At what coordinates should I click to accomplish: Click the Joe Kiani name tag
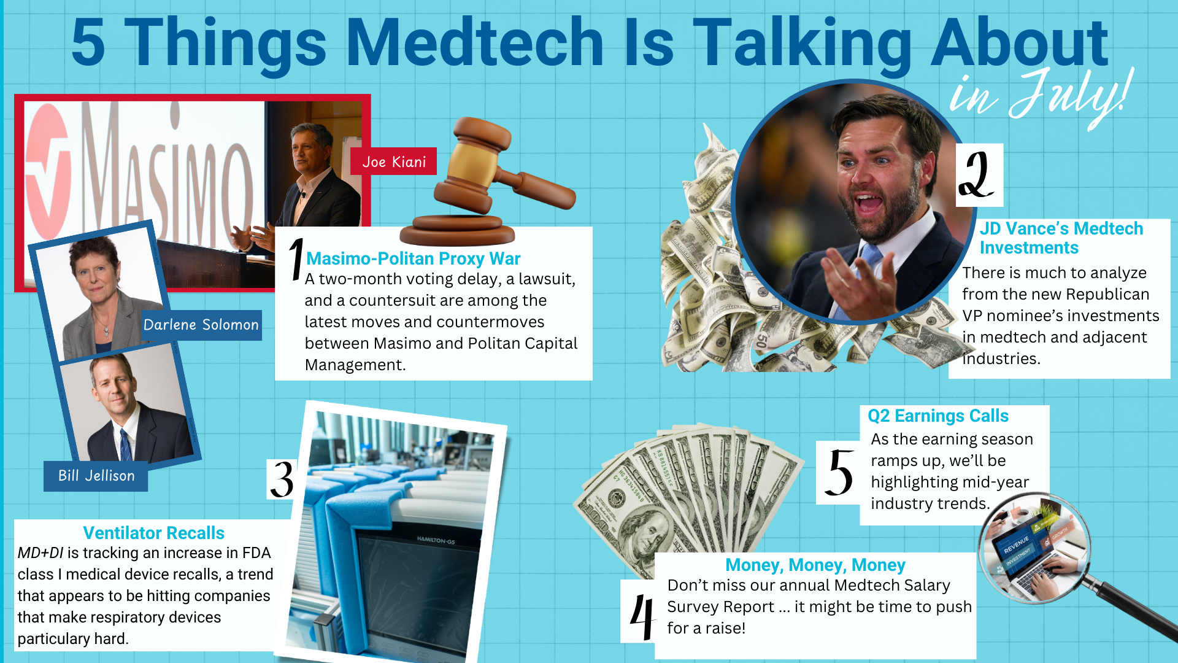[x=393, y=161]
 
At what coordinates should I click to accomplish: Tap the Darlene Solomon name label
[x=201, y=325]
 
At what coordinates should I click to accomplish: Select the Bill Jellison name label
[x=96, y=476]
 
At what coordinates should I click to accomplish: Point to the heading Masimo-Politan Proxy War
[x=413, y=258]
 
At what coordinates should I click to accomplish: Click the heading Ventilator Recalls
[x=153, y=533]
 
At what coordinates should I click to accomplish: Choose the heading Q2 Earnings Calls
[x=937, y=416]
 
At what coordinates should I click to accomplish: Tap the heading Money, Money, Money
[x=815, y=565]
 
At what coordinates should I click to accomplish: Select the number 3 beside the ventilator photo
[x=282, y=479]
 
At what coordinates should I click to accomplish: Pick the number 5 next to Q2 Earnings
[x=838, y=472]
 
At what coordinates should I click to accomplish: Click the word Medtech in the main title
[x=475, y=43]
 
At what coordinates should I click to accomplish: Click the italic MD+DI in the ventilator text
[x=40, y=552]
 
